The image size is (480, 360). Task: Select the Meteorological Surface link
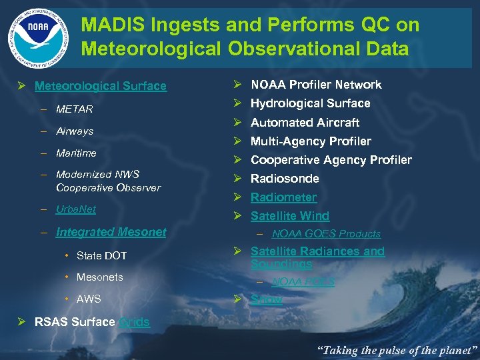pyautogui.click(x=100, y=86)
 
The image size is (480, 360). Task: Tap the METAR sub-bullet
pyautogui.click(x=74, y=109)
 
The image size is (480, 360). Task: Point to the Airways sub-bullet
pyautogui.click(x=75, y=131)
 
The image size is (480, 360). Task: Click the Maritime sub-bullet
pyautogui.click(x=76, y=153)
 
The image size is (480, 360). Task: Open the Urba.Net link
pyautogui.click(x=76, y=209)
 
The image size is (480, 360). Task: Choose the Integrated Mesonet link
pyautogui.click(x=111, y=232)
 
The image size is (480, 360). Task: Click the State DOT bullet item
pyautogui.click(x=101, y=255)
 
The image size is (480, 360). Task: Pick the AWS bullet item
pyautogui.click(x=89, y=299)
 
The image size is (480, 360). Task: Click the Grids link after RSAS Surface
pyautogui.click(x=134, y=322)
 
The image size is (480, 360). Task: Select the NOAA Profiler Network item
pyautogui.click(x=316, y=85)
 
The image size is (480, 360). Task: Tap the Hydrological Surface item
pyautogui.click(x=310, y=103)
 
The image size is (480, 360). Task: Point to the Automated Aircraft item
pyautogui.click(x=305, y=123)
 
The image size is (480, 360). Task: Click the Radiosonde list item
pyautogui.click(x=285, y=179)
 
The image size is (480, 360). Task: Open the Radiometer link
pyautogui.click(x=283, y=197)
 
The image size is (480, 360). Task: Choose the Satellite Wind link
pyautogui.click(x=289, y=216)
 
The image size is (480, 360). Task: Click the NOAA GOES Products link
pyautogui.click(x=326, y=234)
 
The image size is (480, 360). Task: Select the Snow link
pyautogui.click(x=266, y=299)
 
